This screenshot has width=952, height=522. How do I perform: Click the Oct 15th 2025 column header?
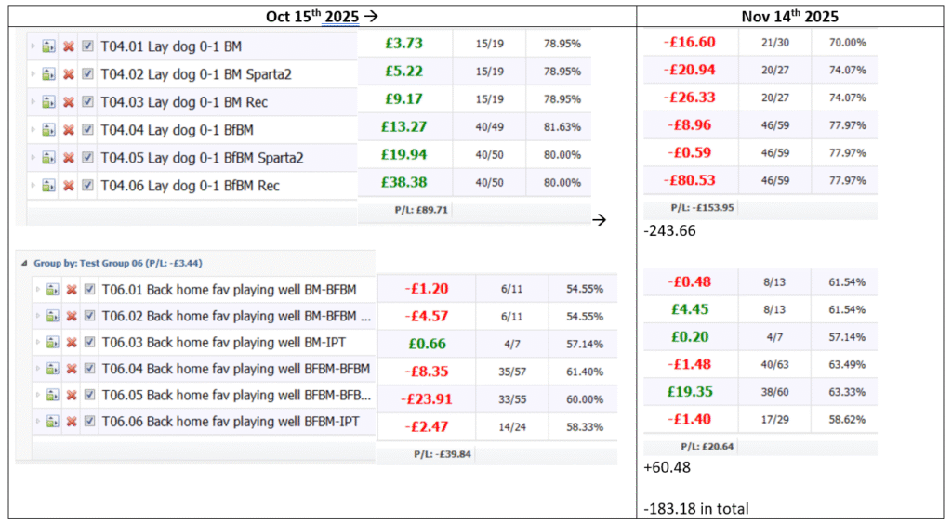coord(321,16)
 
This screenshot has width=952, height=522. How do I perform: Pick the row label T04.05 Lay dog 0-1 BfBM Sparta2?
coord(202,157)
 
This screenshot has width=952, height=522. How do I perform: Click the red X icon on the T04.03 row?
coord(69,101)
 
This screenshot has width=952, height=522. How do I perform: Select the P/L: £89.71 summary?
coord(422,210)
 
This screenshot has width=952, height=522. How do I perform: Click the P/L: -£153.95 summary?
coord(702,207)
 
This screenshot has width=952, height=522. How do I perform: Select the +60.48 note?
coord(668,468)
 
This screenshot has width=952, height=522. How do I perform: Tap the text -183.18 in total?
coord(695,508)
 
